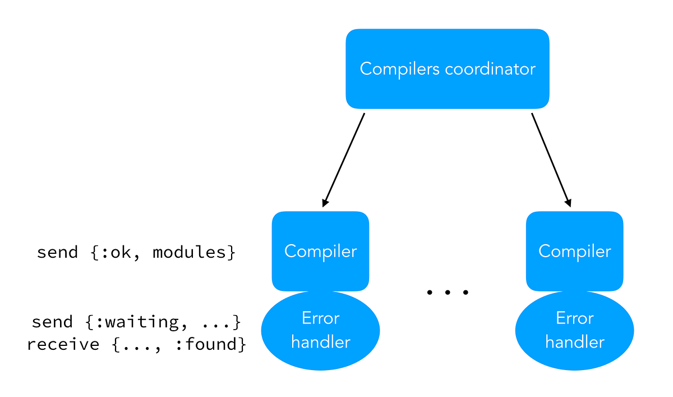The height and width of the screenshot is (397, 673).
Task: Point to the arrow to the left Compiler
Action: pyautogui.click(x=344, y=159)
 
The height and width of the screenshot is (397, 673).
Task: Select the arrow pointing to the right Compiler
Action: pyautogui.click(x=551, y=159)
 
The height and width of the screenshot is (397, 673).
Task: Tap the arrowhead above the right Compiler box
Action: pyautogui.click(x=568, y=202)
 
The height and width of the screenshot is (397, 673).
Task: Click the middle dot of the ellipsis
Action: pyautogui.click(x=447, y=293)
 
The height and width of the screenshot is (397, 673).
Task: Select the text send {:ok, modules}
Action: pyautogui.click(x=136, y=252)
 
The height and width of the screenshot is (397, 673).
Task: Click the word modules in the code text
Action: pyautogui.click(x=189, y=252)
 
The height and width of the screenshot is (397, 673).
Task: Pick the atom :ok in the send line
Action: pyautogui.click(x=116, y=252)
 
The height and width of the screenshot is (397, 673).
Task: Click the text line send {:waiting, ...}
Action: pyautogui.click(x=136, y=322)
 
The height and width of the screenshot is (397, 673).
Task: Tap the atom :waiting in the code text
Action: pyautogui.click(x=134, y=322)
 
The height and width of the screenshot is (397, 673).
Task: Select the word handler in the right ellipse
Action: pyautogui.click(x=574, y=342)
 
